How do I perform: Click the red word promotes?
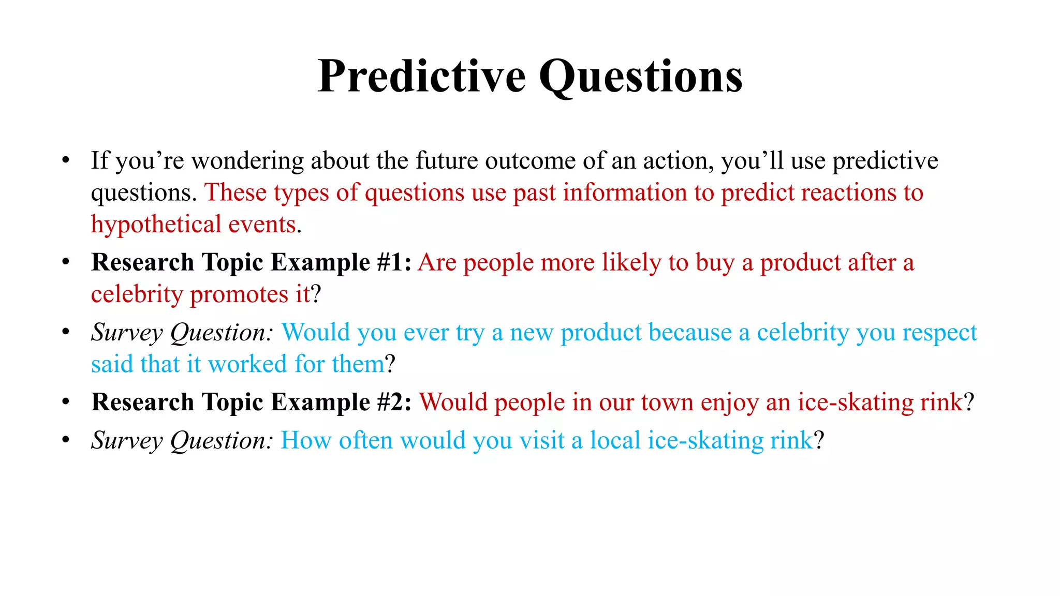click(239, 294)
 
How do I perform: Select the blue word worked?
click(247, 364)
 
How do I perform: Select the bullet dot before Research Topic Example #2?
click(65, 401)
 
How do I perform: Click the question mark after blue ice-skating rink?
click(819, 440)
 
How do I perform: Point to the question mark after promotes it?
click(316, 294)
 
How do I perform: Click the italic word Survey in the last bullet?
click(127, 441)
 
